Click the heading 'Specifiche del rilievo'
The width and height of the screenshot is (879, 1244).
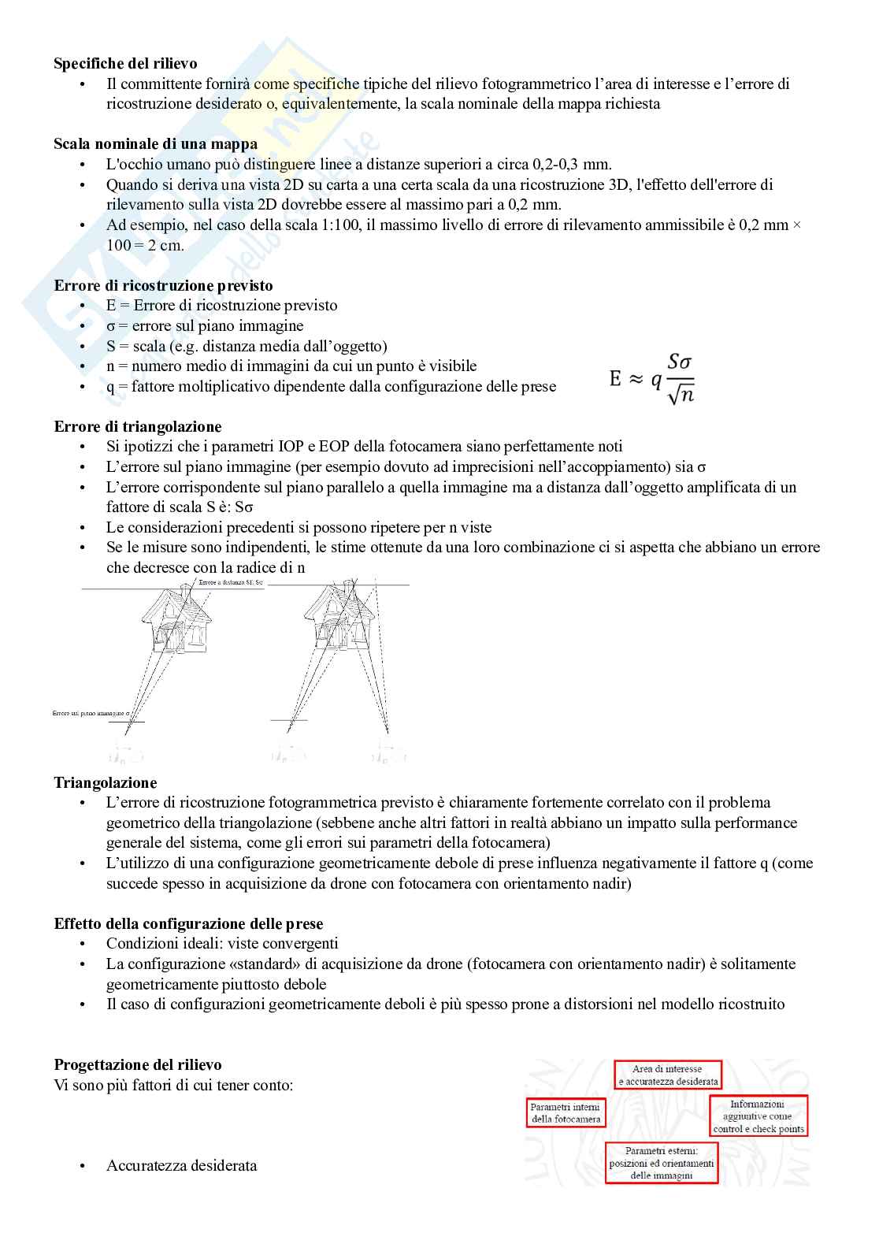tap(125, 64)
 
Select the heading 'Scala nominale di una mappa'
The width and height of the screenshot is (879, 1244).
tap(155, 144)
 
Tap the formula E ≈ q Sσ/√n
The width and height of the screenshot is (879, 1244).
tap(652, 379)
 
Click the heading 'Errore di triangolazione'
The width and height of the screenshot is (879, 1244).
tap(137, 427)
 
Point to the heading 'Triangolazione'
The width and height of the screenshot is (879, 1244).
tap(105, 783)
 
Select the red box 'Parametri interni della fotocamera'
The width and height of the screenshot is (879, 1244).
tap(566, 1113)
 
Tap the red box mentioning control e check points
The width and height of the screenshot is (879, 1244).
tap(758, 1116)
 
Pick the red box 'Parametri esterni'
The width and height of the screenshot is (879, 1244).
tap(662, 1163)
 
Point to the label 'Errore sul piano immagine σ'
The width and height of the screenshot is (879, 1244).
tap(91, 713)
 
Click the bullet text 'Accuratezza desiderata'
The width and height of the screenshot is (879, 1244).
tap(181, 1166)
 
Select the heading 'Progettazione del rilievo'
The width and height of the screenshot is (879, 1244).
tap(137, 1065)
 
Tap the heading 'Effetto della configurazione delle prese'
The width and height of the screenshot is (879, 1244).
tap(188, 924)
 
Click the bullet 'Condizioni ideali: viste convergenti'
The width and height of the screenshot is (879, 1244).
tap(222, 944)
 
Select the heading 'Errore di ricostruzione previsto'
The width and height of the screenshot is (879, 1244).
tap(163, 286)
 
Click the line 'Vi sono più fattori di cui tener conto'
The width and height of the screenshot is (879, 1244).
tap(173, 1086)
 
